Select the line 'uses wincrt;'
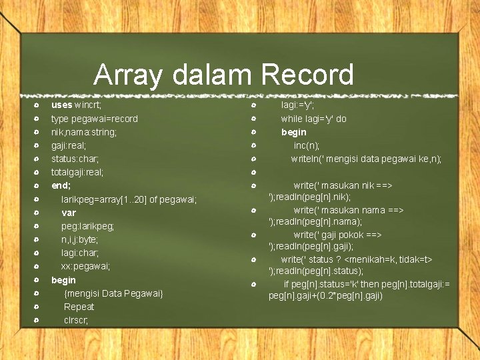[x=77, y=105]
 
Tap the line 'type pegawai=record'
[x=95, y=119]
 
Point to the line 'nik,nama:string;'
[x=84, y=132]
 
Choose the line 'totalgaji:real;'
[x=77, y=172]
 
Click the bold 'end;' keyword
[x=61, y=185]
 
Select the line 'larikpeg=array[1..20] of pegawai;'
[x=129, y=199]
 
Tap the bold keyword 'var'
[x=69, y=213]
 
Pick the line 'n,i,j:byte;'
[x=79, y=239]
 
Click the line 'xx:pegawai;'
[x=85, y=266]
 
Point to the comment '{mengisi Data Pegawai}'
[x=113, y=293]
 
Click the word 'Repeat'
[x=79, y=307]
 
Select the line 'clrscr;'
[x=76, y=320]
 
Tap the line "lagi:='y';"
[x=297, y=105]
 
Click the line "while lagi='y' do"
[x=313, y=119]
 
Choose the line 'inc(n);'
[x=307, y=145]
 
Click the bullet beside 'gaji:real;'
[x=35, y=145]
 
